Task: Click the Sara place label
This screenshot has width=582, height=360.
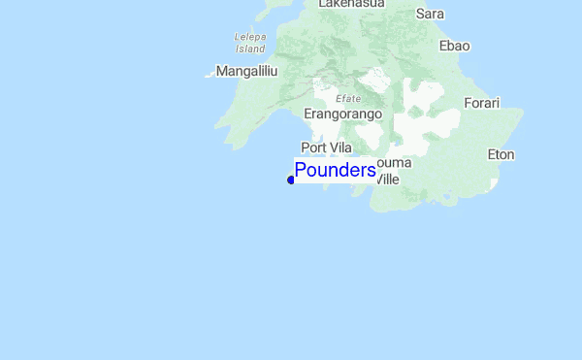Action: tap(430, 14)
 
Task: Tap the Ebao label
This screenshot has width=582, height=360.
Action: tap(454, 46)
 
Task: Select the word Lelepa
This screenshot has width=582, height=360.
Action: tap(250, 37)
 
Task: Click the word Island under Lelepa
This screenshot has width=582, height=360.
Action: tap(250, 48)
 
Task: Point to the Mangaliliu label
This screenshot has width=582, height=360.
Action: tap(247, 71)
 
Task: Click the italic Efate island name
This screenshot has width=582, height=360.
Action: tap(347, 98)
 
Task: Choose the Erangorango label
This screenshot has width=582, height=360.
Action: tap(343, 114)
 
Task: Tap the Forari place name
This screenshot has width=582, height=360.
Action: tap(481, 103)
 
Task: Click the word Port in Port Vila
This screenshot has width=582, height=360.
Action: tap(313, 147)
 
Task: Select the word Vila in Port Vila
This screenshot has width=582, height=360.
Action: tap(339, 147)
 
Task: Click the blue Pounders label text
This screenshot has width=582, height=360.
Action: tap(335, 171)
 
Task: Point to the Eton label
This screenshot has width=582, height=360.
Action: tap(501, 154)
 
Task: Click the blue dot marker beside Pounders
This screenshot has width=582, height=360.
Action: tap(291, 180)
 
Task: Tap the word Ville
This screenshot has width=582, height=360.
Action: tap(386, 180)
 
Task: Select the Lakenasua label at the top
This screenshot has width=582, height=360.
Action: tap(351, 4)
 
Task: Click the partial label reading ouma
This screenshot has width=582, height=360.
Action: tap(393, 162)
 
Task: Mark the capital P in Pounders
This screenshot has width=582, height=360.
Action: tap(301, 171)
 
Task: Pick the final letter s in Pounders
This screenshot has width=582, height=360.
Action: tap(372, 172)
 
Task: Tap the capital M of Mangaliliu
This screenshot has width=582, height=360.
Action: tap(222, 71)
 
